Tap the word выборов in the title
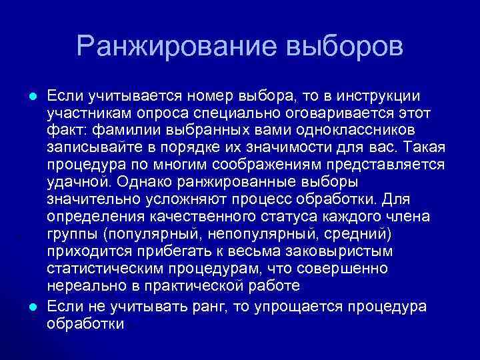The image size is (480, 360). (x=344, y=46)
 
